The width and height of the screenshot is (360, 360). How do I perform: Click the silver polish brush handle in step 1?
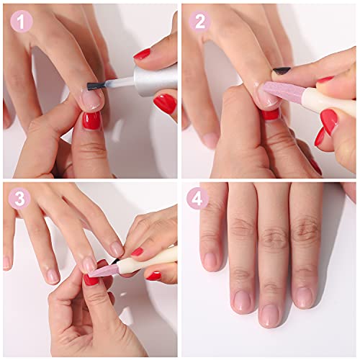click(155, 79)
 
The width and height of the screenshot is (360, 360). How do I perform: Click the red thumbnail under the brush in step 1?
click(91, 120)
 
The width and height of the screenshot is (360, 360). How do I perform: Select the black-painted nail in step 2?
click(282, 71)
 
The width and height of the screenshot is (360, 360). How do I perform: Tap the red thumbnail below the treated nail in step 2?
click(270, 114)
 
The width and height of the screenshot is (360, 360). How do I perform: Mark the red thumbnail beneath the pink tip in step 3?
click(91, 279)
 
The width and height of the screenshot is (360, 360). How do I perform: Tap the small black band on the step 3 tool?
click(115, 261)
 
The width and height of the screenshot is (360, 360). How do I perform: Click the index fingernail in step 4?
click(210, 260)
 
